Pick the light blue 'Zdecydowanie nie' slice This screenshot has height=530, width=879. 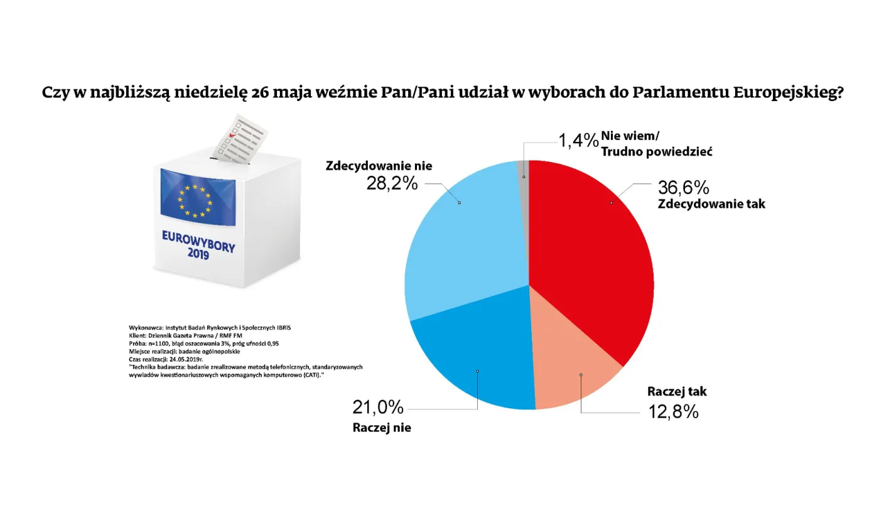[465, 245]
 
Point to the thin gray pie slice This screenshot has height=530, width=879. [523, 173]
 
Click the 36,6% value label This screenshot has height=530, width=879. [684, 187]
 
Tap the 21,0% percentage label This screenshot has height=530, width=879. [377, 408]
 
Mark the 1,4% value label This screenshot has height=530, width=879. [578, 139]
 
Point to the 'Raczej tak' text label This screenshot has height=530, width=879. [677, 391]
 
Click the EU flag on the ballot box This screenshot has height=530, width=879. [198, 197]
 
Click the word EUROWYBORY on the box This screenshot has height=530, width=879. [198, 241]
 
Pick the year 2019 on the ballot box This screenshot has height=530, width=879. [198, 255]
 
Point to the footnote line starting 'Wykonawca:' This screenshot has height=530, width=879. [210, 328]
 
